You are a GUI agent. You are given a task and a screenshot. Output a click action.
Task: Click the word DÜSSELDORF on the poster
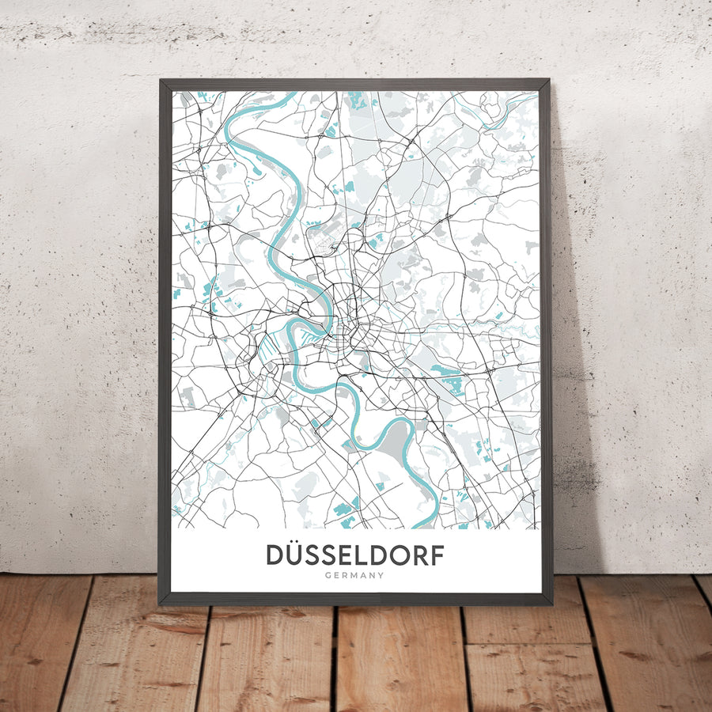pyautogui.click(x=354, y=555)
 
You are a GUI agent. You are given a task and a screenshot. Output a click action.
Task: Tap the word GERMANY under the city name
pyautogui.click(x=354, y=575)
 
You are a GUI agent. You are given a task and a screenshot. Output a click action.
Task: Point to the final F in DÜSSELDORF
pyautogui.click(x=435, y=555)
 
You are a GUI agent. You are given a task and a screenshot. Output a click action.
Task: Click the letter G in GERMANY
pyautogui.click(x=328, y=575)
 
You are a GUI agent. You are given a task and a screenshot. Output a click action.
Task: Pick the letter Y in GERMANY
pyautogui.click(x=381, y=575)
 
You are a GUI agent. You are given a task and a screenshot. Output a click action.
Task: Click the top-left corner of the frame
pyautogui.click(x=161, y=80)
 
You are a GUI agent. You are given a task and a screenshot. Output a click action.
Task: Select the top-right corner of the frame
pyautogui.click(x=548, y=80)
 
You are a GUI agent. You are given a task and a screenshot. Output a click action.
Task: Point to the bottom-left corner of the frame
pyautogui.click(x=161, y=604)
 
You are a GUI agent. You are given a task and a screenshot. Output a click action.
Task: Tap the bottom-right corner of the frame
pyautogui.click(x=551, y=604)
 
